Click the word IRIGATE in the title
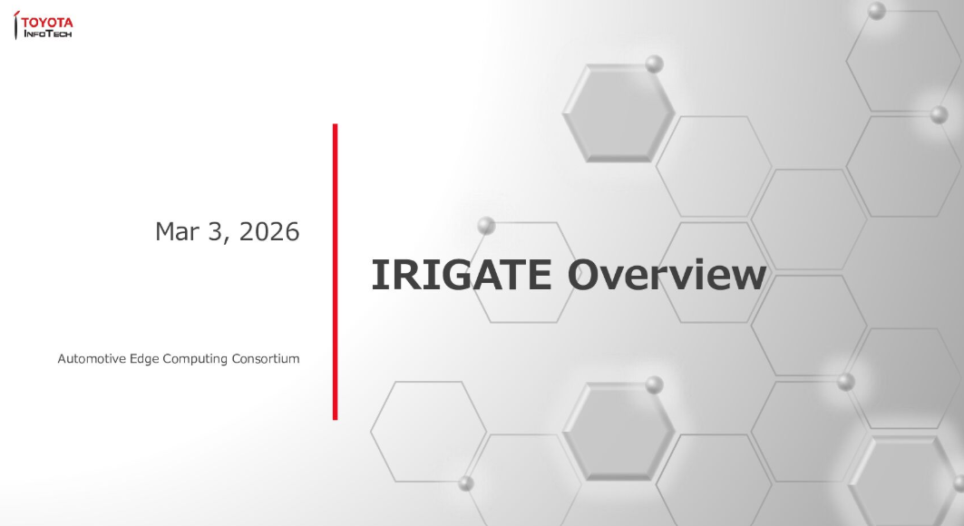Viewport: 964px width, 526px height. (x=460, y=276)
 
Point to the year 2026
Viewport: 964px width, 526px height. (x=270, y=232)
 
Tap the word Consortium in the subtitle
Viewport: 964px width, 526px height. (x=264, y=359)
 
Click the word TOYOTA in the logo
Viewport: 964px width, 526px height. (x=47, y=22)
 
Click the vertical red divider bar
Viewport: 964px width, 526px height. (x=335, y=272)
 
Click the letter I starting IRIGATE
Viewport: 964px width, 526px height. (x=377, y=276)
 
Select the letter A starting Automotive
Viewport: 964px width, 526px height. (x=62, y=359)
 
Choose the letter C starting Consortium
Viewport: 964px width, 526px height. (x=233, y=359)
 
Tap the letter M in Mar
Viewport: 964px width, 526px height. (x=165, y=232)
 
